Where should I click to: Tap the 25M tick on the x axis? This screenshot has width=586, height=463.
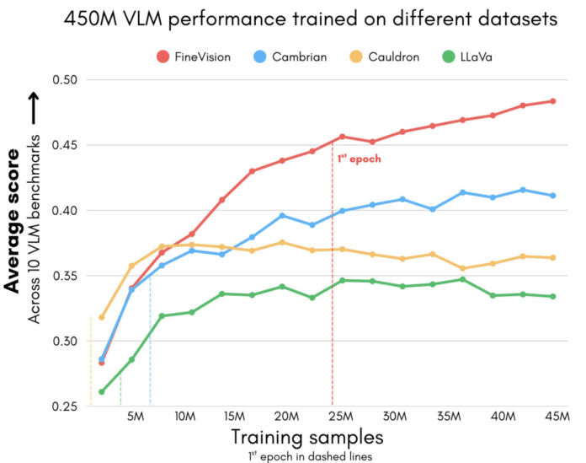click(338, 417)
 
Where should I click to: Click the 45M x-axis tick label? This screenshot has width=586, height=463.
click(551, 417)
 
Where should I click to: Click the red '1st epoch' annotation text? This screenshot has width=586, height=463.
click(359, 158)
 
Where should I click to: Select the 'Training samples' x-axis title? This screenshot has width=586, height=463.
click(308, 437)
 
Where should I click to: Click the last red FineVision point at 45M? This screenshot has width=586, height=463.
click(552, 101)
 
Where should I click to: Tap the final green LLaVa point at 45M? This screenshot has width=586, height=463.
click(552, 296)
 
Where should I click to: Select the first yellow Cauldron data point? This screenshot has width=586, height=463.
click(102, 317)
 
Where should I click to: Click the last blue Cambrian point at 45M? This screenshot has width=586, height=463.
click(552, 196)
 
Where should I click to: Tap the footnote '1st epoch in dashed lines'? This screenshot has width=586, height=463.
click(308, 455)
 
